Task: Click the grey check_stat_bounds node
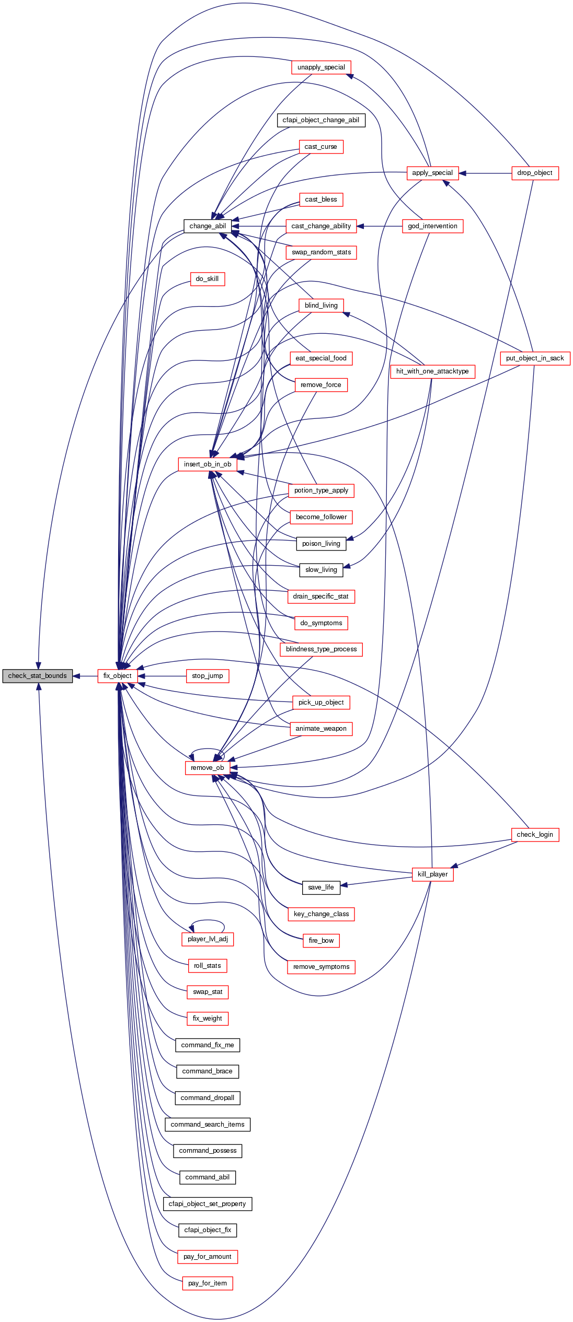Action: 37,676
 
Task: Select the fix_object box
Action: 117,676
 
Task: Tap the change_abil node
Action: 208,226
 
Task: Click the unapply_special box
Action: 321,67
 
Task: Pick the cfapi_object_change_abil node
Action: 320,120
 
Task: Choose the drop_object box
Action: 534,173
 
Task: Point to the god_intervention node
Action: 432,226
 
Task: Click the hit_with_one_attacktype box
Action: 432,371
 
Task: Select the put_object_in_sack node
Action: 535,358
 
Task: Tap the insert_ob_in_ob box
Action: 208,464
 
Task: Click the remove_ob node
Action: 207,768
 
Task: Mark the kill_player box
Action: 432,874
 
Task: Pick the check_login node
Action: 534,835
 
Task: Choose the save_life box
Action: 321,887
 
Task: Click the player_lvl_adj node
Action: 208,939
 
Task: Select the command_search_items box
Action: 208,1125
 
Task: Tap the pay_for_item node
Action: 208,1283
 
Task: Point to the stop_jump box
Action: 208,676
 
